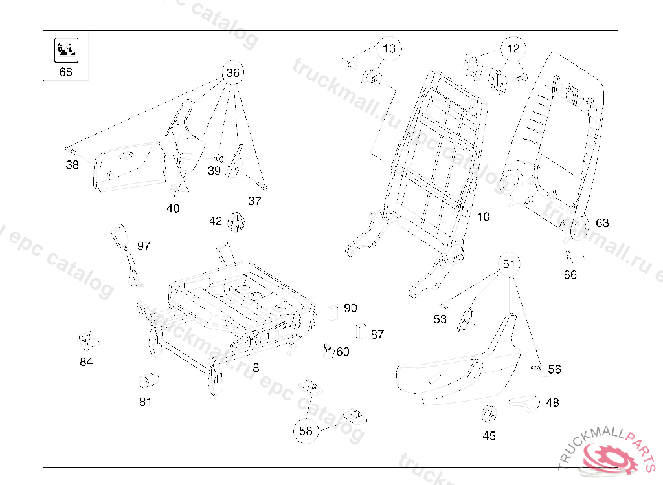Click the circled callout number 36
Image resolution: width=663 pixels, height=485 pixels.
click(x=233, y=73)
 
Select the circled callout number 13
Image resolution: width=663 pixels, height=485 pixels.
click(x=388, y=48)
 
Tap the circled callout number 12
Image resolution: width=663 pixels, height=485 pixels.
click(x=513, y=48)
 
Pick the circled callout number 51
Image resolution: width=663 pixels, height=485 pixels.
click(x=510, y=264)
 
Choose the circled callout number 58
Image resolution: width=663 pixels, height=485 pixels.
click(x=306, y=431)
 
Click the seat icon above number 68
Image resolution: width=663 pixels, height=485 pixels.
click(x=66, y=48)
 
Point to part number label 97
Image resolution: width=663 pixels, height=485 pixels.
click(x=144, y=246)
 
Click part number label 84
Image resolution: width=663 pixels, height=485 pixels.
click(x=86, y=362)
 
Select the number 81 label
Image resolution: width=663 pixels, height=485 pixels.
click(x=145, y=402)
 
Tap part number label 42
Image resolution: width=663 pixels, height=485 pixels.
click(x=216, y=221)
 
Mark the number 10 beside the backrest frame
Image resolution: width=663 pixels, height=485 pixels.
click(x=484, y=217)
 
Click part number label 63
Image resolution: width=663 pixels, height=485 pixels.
click(x=602, y=223)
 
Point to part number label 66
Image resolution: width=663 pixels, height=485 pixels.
click(x=570, y=275)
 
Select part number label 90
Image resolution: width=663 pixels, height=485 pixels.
click(x=350, y=308)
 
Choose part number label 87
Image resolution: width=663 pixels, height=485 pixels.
click(x=377, y=334)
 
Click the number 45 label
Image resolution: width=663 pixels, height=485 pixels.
click(x=489, y=436)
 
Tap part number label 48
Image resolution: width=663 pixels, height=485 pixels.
click(x=552, y=403)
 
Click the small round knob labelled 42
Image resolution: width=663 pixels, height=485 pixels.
click(x=238, y=222)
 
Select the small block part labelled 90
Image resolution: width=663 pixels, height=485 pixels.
click(x=334, y=312)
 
